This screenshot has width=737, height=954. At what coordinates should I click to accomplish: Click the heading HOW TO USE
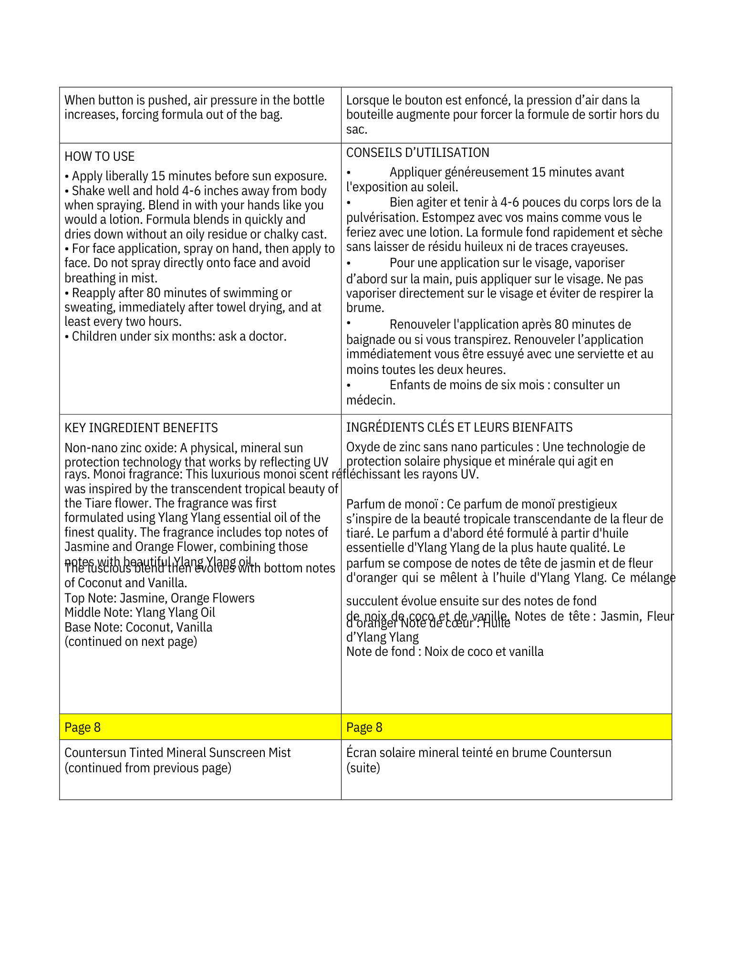[x=99, y=156]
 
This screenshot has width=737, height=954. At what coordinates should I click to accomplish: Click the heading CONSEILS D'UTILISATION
[x=417, y=153]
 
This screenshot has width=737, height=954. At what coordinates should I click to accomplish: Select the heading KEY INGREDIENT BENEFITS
[x=141, y=428]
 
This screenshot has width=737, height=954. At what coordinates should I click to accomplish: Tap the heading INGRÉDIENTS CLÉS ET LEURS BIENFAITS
[x=459, y=427]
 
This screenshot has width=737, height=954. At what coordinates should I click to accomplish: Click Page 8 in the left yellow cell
[x=83, y=727]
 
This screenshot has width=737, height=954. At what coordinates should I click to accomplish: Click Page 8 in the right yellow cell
[x=364, y=727]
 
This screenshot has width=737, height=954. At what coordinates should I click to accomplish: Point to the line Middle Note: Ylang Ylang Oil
[x=140, y=612]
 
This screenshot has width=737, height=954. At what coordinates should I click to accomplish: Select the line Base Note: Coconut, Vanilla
[x=138, y=627]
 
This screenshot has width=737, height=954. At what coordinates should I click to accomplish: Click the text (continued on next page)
[x=131, y=642]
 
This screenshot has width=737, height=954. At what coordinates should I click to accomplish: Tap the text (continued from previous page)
[x=148, y=767]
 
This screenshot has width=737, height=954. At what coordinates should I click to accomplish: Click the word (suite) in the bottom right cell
[x=363, y=767]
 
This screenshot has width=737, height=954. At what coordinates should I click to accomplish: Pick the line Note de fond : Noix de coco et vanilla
[x=445, y=652]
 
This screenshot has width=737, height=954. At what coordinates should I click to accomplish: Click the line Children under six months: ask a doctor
[x=176, y=336]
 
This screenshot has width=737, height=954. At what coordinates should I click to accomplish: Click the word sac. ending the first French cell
[x=356, y=129]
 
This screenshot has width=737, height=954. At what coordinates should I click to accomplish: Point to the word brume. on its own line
[x=365, y=308]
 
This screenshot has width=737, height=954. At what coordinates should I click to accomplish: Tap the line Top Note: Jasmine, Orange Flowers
[x=159, y=598]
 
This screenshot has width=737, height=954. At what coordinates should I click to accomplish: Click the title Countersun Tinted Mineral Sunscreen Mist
[x=177, y=753]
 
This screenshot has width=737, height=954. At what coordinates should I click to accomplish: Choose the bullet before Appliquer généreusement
[x=349, y=172]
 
